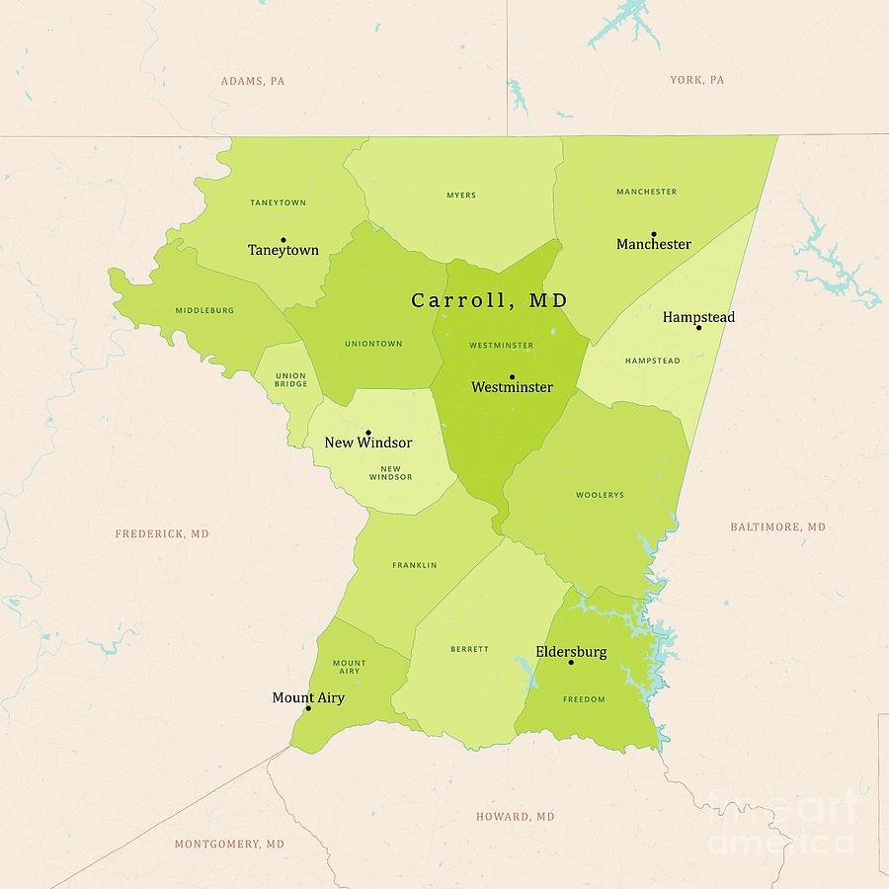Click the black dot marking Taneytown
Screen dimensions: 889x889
pyautogui.click(x=283, y=239)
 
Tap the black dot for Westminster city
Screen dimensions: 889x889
pyautogui.click(x=512, y=376)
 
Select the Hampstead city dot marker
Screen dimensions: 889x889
pyautogui.click(x=698, y=327)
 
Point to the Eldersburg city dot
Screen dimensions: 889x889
pyautogui.click(x=571, y=662)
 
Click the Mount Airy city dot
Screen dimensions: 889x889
pyautogui.click(x=308, y=708)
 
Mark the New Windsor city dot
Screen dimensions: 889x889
pyautogui.click(x=368, y=433)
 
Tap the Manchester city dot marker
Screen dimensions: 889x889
pyautogui.click(x=653, y=234)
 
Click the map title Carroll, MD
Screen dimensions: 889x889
pyautogui.click(x=490, y=300)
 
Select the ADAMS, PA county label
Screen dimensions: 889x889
pyautogui.click(x=252, y=81)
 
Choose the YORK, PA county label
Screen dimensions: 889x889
pyautogui.click(x=696, y=80)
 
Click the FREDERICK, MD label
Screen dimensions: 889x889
pyautogui.click(x=162, y=534)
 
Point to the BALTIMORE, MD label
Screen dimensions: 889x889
pyautogui.click(x=777, y=527)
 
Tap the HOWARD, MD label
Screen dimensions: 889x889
pyautogui.click(x=516, y=817)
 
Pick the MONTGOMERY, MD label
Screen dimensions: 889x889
pyautogui.click(x=229, y=845)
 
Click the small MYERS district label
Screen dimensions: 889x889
pyautogui.click(x=461, y=196)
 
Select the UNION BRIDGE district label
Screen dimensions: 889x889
pyautogui.click(x=291, y=379)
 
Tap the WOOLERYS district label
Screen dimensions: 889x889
pyautogui.click(x=600, y=495)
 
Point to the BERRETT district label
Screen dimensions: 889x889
pyautogui.click(x=469, y=649)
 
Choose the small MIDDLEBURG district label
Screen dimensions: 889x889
pyautogui.click(x=204, y=310)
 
